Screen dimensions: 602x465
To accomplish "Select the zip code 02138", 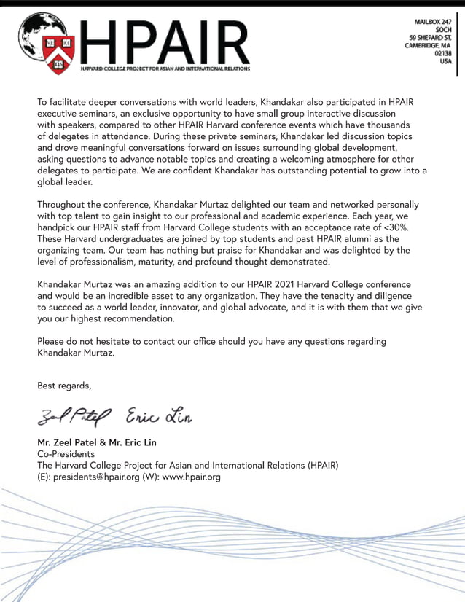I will (x=442, y=53).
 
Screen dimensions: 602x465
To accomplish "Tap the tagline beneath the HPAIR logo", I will (x=165, y=69).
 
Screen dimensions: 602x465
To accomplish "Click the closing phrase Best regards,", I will (x=64, y=386).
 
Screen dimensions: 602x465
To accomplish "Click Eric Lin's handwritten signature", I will (x=160, y=416).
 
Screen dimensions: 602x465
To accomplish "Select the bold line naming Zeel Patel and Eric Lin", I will (x=97, y=442).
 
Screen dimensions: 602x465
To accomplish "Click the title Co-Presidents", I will (x=66, y=454).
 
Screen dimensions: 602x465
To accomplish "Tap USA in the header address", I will (x=445, y=61).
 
